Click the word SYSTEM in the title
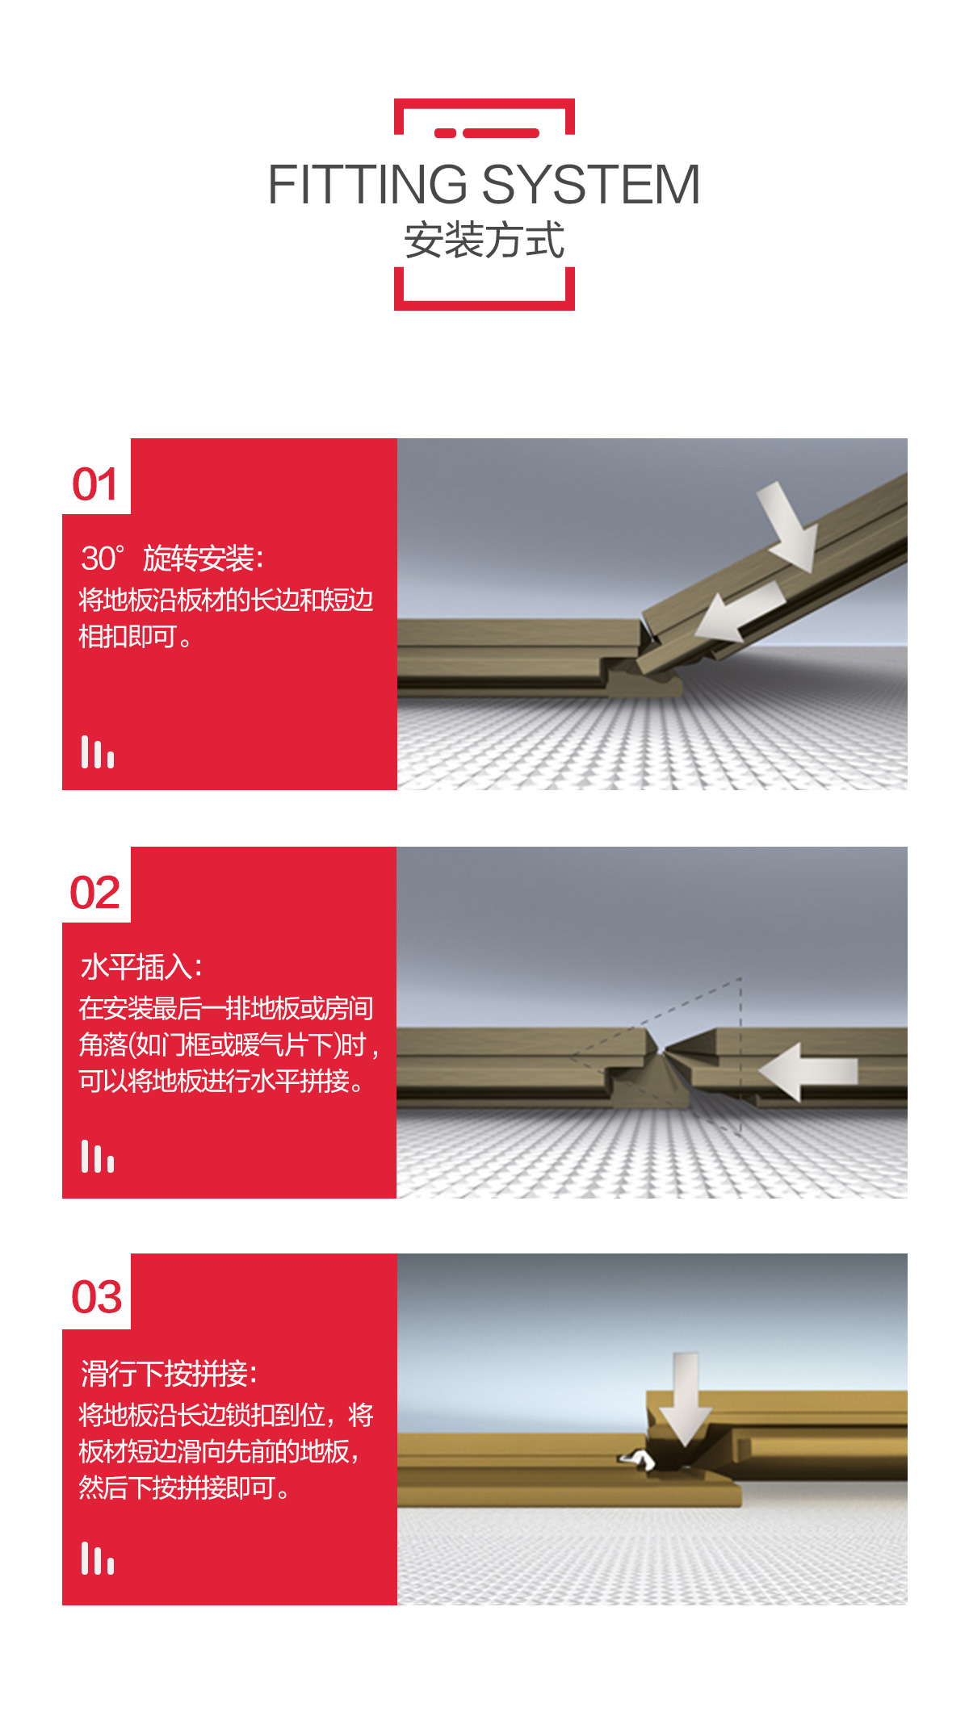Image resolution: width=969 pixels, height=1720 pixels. pyautogui.click(x=591, y=184)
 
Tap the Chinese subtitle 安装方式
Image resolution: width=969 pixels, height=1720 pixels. pyautogui.click(x=484, y=240)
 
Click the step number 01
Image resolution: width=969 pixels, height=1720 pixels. pyautogui.click(x=95, y=484)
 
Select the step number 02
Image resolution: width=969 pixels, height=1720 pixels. pyautogui.click(x=95, y=893)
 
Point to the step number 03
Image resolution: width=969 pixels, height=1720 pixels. pyautogui.click(x=97, y=1297)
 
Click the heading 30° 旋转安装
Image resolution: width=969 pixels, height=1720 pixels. pyautogui.click(x=171, y=559)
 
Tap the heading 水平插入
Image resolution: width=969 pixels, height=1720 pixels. pyautogui.click(x=141, y=967)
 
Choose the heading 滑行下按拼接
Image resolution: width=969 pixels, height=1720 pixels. pyautogui.click(x=169, y=1373)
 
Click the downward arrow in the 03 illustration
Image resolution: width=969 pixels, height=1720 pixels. pyautogui.click(x=686, y=1398)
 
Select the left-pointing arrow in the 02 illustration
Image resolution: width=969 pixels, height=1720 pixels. pyautogui.click(x=807, y=1072)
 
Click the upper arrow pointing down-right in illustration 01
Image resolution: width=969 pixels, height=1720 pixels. pyautogui.click(x=787, y=526)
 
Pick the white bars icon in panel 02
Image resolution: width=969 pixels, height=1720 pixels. pyautogui.click(x=98, y=1156)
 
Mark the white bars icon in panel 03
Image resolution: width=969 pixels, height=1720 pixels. pyautogui.click(x=98, y=1559)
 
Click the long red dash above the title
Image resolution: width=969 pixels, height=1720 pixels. pyautogui.click(x=501, y=133)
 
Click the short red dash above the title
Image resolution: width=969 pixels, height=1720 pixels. pyautogui.click(x=445, y=133)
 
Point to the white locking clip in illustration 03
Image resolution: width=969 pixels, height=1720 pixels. pyautogui.click(x=637, y=1458)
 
